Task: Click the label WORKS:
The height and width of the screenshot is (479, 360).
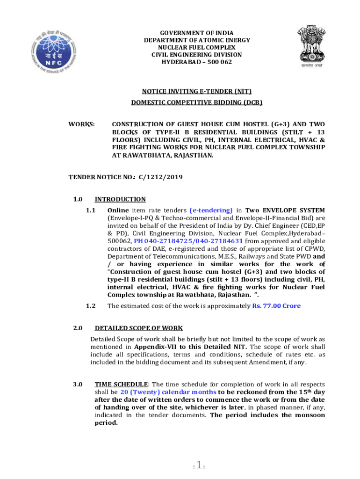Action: (x=82, y=125)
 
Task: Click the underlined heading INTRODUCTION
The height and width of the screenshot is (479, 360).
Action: (x=120, y=199)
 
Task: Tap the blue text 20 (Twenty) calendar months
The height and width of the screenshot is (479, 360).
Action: (x=168, y=392)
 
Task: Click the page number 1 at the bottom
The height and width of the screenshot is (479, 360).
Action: (x=199, y=465)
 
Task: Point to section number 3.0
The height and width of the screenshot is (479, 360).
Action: (x=78, y=384)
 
